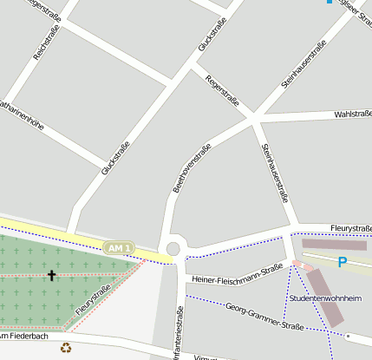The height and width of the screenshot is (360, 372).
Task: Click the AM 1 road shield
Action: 119,248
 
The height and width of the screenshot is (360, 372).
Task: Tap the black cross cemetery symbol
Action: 51,276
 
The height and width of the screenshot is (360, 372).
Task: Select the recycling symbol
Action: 66,348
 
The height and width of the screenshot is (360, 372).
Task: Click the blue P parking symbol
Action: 342,261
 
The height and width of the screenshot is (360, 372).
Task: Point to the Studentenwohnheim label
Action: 325,298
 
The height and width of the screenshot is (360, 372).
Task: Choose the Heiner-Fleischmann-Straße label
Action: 238,273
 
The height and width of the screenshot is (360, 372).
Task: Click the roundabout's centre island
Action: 173,249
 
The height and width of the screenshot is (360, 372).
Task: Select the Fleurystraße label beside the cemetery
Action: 93,298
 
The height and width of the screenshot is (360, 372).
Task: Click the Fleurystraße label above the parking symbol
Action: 350,228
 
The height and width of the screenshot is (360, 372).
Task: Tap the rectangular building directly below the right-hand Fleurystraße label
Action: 334,245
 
